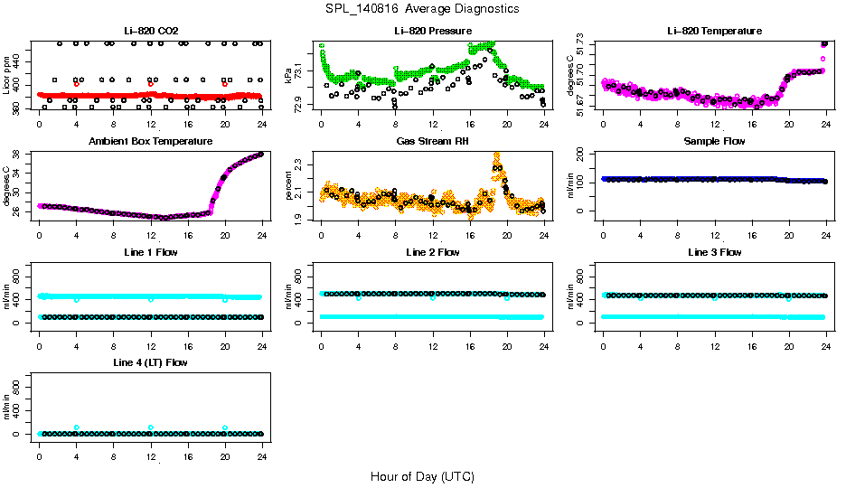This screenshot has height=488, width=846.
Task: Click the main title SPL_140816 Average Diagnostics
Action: [423, 9]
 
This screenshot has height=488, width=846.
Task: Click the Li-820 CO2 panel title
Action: [150, 31]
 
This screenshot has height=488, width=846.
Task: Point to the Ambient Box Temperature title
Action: [150, 142]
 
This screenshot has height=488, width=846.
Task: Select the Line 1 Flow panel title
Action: [150, 252]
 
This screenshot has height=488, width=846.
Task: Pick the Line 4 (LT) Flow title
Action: [150, 362]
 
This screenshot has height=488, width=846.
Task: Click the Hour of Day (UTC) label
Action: [422, 476]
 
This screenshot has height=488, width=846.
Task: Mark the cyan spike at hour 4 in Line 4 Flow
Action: [77, 427]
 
